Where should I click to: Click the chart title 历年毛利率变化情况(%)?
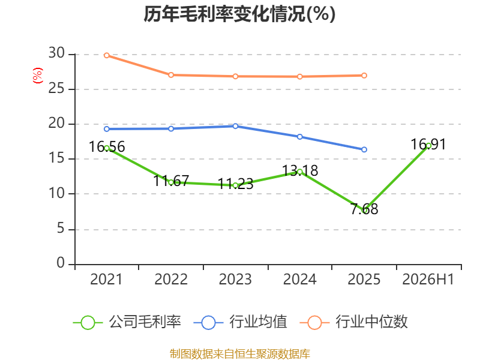[239, 14]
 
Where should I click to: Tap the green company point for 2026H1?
[428, 146]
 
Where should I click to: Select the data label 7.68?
[364, 209]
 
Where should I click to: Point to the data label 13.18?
[300, 170]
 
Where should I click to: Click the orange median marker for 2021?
[107, 55]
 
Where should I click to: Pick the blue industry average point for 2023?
[235, 126]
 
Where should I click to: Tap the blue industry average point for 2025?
[364, 149]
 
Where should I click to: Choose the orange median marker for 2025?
[364, 76]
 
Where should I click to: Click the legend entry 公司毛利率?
[127, 322]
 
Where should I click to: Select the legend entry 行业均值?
[241, 322]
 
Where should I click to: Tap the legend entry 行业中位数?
[354, 322]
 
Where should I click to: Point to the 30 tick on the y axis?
[56, 53]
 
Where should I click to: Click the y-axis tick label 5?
[61, 229]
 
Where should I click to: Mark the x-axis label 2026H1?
[428, 280]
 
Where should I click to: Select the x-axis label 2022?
[171, 280]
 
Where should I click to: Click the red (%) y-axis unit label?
[38, 76]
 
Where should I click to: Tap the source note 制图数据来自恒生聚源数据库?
[240, 353]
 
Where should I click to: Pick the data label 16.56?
[107, 146]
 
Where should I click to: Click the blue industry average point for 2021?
[107, 129]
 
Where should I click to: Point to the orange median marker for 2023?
[235, 77]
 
